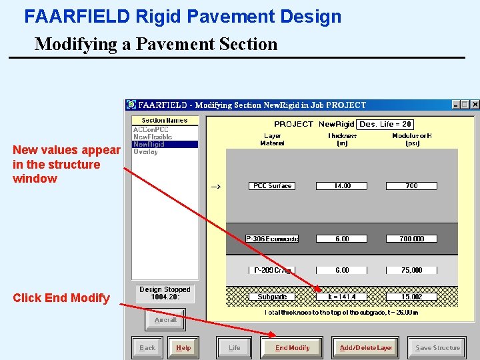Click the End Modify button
(x=293, y=347)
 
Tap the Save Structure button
(x=437, y=347)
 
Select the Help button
(x=183, y=347)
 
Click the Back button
(x=147, y=347)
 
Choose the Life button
(x=235, y=347)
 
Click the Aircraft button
(x=165, y=320)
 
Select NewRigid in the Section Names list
(x=149, y=144)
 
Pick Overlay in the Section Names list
(x=145, y=152)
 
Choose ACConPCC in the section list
(x=151, y=129)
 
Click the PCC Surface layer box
(x=272, y=186)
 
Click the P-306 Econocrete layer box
(x=272, y=239)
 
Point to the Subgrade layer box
(x=272, y=297)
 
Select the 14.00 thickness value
(x=342, y=186)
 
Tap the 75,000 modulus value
(x=412, y=270)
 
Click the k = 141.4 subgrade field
(x=342, y=297)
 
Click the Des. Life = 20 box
(x=385, y=124)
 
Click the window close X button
(x=475, y=105)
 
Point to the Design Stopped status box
(x=165, y=293)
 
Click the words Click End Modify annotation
(x=61, y=298)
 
